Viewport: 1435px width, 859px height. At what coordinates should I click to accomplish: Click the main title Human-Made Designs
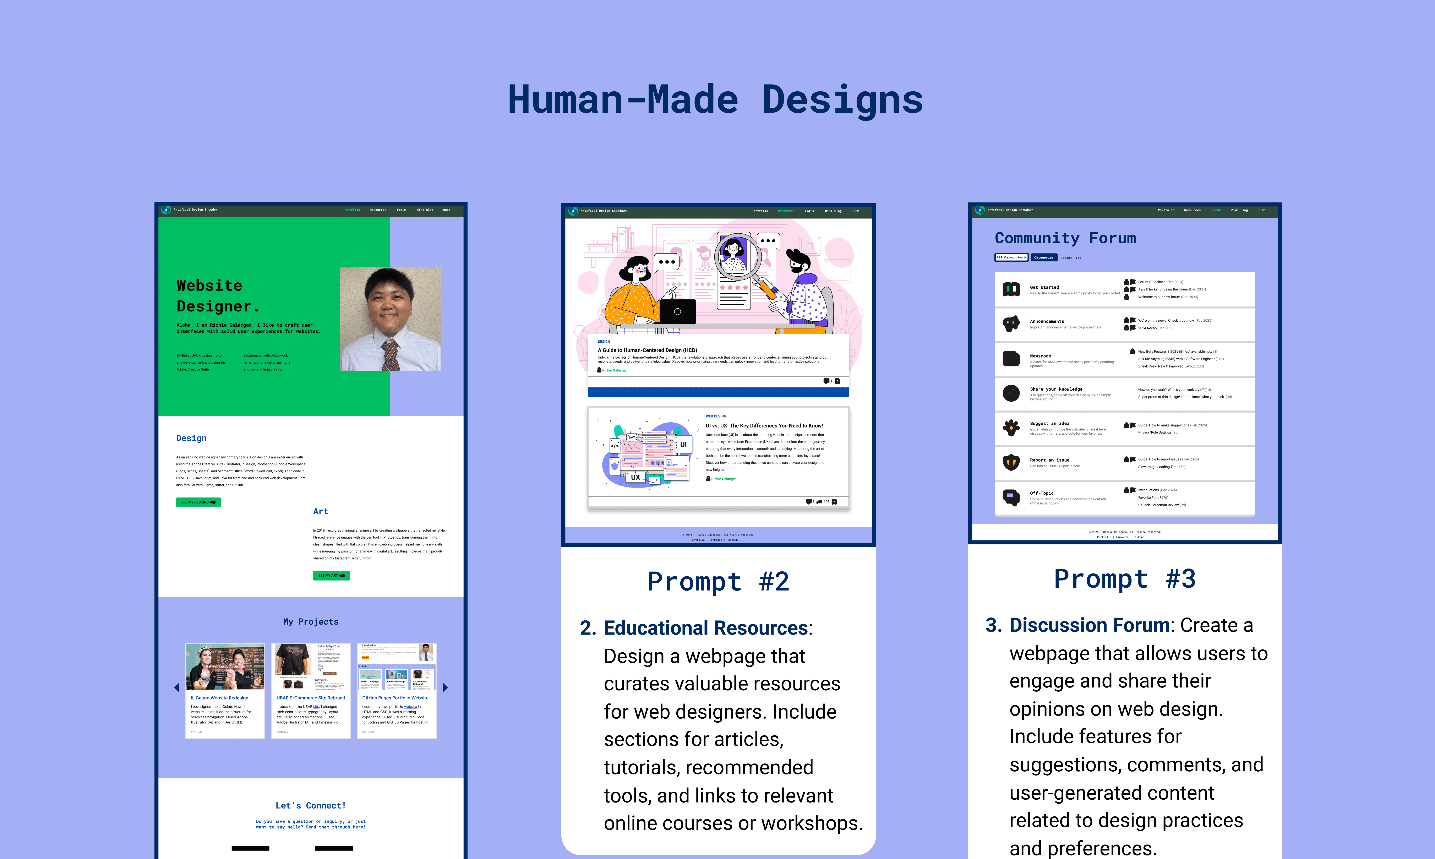pos(715,99)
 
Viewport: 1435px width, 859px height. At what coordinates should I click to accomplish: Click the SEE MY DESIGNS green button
pos(198,502)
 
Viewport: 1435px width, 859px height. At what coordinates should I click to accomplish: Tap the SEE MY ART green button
pos(331,575)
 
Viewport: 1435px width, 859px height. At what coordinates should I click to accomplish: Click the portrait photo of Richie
pos(390,319)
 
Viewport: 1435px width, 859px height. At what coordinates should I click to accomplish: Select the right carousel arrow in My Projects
pos(445,688)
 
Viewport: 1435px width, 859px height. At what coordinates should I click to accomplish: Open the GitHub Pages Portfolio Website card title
pos(395,698)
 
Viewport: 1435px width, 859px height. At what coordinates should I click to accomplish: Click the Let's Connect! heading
pos(311,806)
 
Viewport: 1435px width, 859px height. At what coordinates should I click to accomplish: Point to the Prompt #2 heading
pos(718,582)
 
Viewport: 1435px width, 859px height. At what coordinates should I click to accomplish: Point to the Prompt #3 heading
pos(1124,579)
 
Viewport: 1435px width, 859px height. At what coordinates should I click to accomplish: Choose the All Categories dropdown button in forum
pos(1011,258)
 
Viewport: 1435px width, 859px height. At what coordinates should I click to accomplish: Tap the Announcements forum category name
pos(1047,321)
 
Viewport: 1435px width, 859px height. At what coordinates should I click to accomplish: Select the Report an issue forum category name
pos(1049,460)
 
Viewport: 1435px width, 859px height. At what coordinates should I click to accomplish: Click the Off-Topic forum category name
pos(1042,493)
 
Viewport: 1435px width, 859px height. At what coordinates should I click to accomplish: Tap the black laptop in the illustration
pos(678,311)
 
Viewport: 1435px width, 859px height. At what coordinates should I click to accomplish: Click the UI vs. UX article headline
pos(764,425)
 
